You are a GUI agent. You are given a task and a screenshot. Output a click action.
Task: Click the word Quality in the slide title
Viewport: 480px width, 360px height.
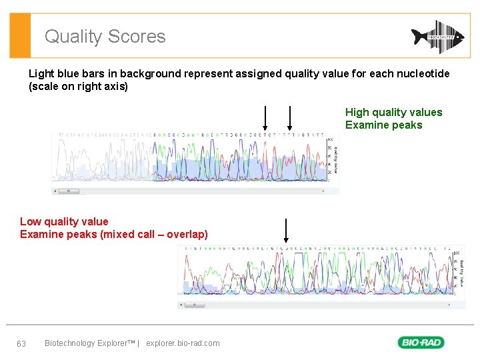tap(73, 37)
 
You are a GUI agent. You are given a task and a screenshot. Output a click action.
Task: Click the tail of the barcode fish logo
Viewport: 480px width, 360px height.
tap(458, 37)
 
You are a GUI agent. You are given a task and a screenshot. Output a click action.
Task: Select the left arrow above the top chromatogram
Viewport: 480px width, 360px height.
tap(265, 118)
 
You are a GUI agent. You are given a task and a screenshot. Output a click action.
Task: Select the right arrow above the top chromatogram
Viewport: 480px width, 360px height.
tap(289, 118)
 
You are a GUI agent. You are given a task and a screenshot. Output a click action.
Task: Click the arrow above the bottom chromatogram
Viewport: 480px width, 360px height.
tap(285, 230)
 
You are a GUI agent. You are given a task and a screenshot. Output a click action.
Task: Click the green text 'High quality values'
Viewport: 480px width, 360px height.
tap(393, 113)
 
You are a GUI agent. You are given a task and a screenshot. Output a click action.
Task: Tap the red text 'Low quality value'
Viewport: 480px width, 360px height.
tap(64, 221)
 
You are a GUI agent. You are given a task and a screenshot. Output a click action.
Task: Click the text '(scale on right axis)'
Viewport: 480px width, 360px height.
tap(78, 87)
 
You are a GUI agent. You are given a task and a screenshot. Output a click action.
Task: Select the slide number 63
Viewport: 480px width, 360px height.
tap(21, 343)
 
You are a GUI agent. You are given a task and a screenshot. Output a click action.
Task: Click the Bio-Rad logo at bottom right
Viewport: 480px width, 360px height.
tap(421, 343)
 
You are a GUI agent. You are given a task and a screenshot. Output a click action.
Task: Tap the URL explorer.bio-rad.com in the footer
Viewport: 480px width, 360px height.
tap(183, 343)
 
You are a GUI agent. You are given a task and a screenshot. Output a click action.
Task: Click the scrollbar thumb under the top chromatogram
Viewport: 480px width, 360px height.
tap(69, 191)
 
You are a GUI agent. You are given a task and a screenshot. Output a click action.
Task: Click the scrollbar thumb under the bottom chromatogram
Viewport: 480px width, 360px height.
tap(194, 305)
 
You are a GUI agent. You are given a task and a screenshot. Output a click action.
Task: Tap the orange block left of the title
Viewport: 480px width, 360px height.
tap(21, 36)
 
